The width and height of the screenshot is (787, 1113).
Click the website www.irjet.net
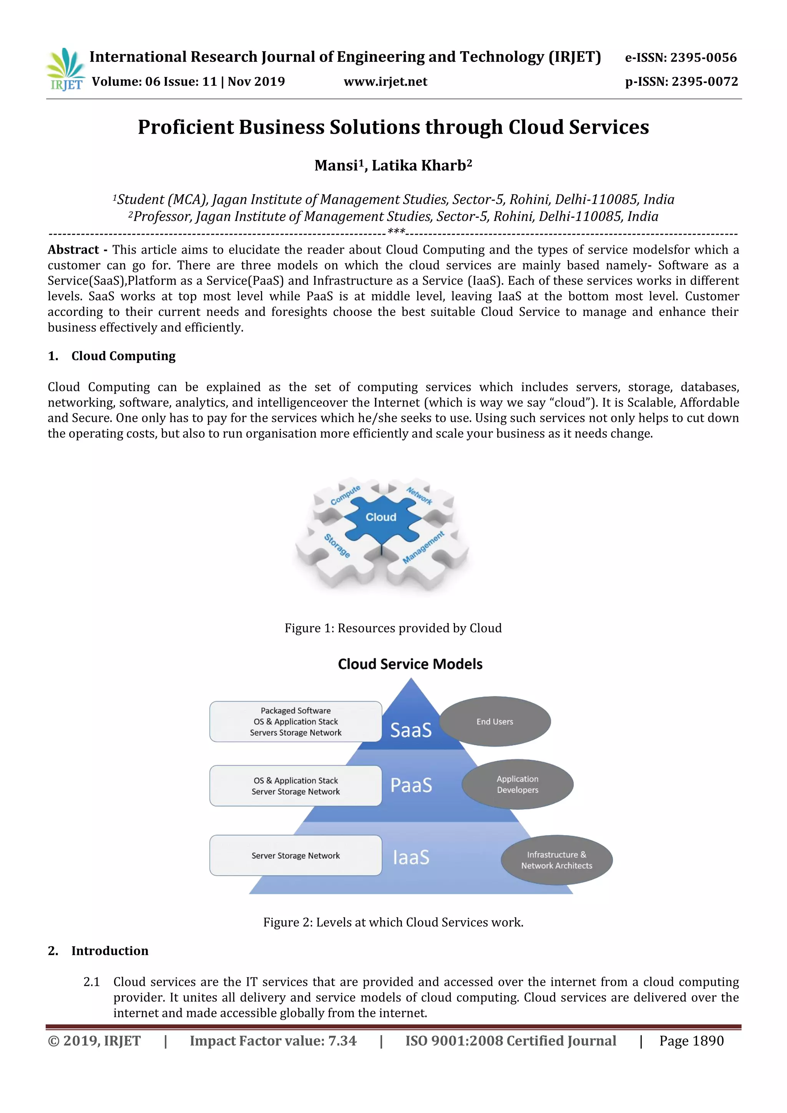385,82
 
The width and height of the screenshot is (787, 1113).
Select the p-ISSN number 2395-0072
705,82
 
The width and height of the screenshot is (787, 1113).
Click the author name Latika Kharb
422,166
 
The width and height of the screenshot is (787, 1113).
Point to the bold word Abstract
73,250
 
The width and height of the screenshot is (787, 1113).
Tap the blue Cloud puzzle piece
381,518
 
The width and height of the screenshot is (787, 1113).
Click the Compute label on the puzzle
345,495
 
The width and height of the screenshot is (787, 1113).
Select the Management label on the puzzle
423,547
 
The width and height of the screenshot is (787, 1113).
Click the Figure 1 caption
393,628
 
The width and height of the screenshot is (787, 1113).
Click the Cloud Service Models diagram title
410,664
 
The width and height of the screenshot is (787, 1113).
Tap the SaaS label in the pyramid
411,730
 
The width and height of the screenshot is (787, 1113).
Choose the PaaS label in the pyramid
411,785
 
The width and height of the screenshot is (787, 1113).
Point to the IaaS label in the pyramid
411,857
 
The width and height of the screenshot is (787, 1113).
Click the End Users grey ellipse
495,722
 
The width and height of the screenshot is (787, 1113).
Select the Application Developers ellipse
518,784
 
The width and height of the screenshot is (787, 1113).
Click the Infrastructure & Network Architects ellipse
557,860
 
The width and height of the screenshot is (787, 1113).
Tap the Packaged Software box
296,722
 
